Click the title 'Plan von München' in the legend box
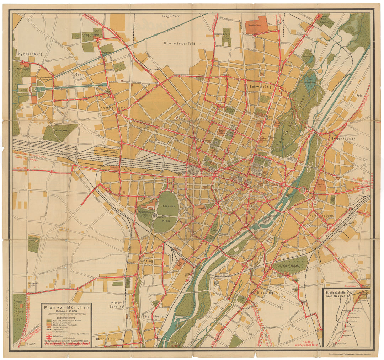(x=66, y=308)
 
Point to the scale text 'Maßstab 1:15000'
(x=66, y=312)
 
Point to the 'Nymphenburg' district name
(x=28, y=54)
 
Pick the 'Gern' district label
(x=79, y=75)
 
